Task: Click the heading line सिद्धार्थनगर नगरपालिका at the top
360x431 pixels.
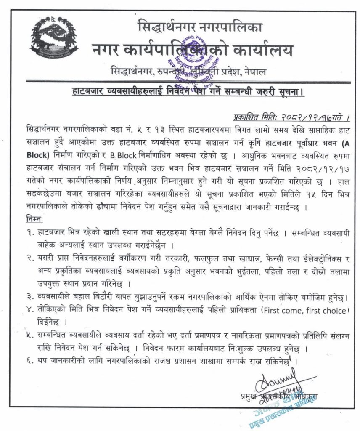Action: tap(200, 28)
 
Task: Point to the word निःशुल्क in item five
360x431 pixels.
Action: tap(248, 349)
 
